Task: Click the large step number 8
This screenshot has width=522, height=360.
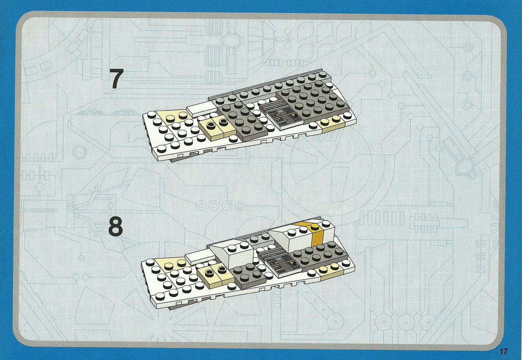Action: pos(116,227)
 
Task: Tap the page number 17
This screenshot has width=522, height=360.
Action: pos(503,351)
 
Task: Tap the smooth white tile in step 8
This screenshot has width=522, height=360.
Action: pos(200,258)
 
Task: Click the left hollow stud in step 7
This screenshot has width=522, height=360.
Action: pos(212,125)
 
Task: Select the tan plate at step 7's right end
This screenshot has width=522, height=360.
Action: pos(332,124)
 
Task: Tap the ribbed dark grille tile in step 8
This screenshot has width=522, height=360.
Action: pos(270,253)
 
